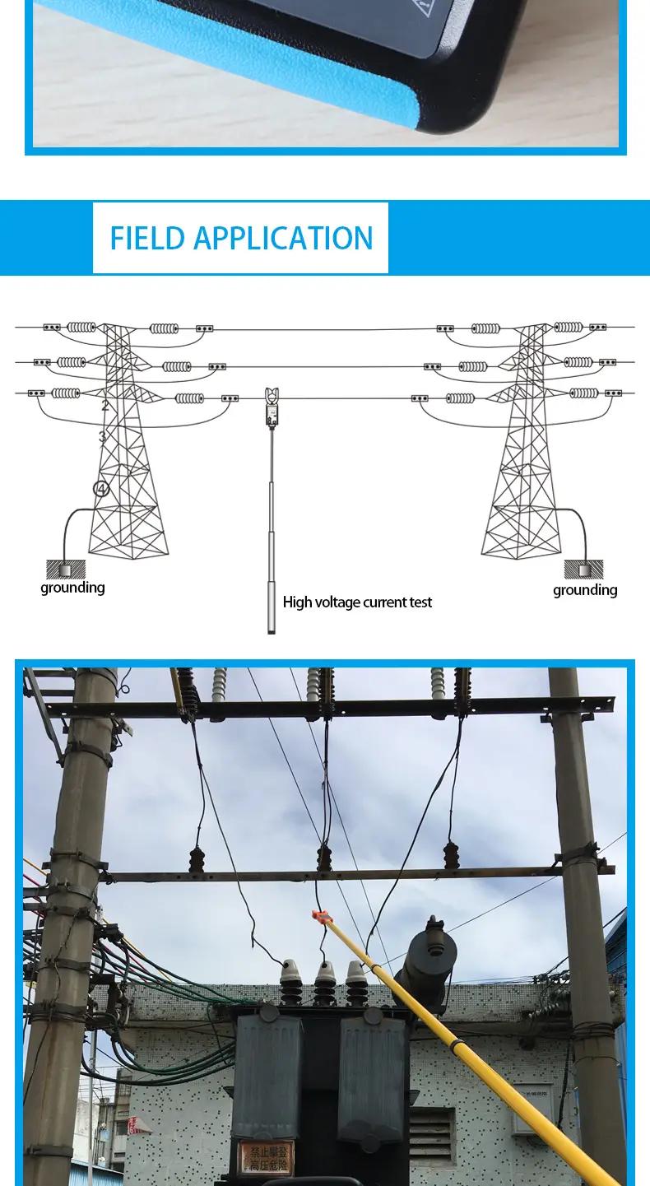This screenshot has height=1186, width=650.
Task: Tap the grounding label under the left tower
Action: [x=72, y=588]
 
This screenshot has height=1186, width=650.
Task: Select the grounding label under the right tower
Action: [x=585, y=590]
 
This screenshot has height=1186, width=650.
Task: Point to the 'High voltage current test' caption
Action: [x=357, y=602]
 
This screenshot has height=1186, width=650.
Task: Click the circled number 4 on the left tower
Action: [x=101, y=489]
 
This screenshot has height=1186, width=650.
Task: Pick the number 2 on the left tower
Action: [x=105, y=406]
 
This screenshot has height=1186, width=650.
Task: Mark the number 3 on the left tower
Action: [x=102, y=437]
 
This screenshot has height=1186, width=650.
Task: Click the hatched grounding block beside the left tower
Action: [x=66, y=569]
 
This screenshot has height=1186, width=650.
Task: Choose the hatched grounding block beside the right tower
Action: [x=583, y=569]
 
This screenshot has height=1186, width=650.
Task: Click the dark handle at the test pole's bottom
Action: [x=272, y=605]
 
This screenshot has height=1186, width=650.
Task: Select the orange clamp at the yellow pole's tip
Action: [x=320, y=918]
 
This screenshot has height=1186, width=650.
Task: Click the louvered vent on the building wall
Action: [x=431, y=1136]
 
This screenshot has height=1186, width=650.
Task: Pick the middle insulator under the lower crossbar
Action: [x=324, y=858]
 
